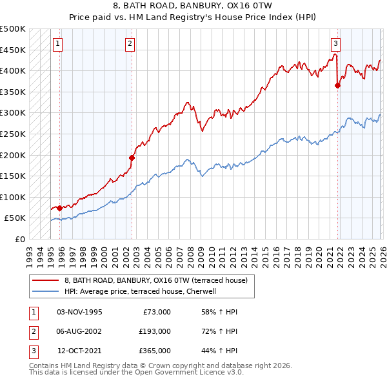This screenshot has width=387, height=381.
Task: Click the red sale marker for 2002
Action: tap(132, 158)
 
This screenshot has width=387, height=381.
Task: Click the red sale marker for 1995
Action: tap(59, 208)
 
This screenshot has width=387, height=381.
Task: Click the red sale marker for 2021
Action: tap(337, 85)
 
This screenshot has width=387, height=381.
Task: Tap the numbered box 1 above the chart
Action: tap(58, 44)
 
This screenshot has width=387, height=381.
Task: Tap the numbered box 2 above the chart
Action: tap(130, 44)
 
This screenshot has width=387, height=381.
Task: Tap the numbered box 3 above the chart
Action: tap(336, 44)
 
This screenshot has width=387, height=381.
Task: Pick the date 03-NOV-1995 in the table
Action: tap(79, 312)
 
